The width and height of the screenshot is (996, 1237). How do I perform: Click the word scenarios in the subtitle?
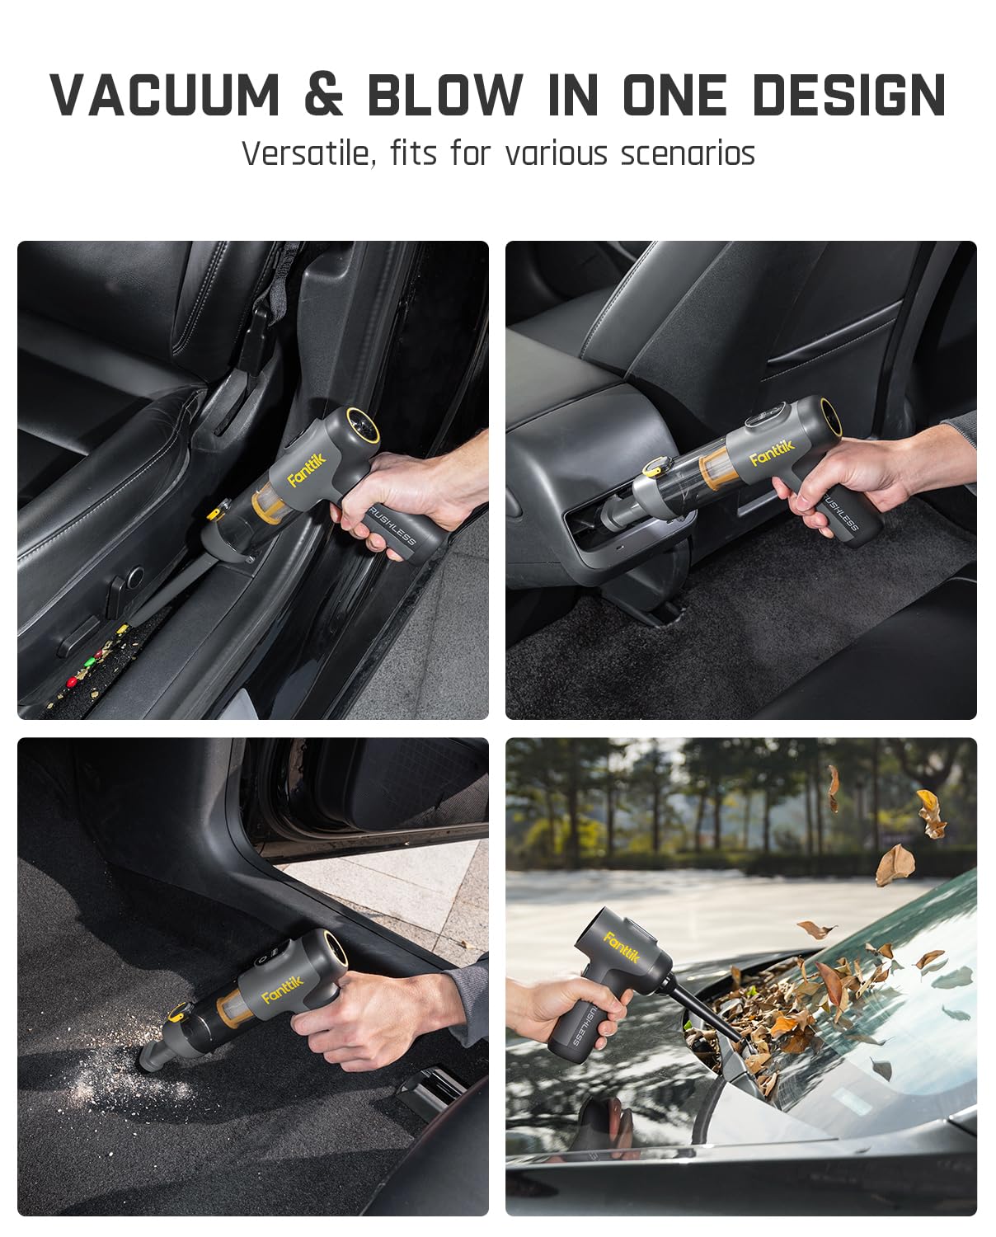click(688, 153)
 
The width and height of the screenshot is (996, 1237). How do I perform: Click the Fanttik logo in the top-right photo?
click(772, 451)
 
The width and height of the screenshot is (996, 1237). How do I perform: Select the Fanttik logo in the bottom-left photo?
click(283, 987)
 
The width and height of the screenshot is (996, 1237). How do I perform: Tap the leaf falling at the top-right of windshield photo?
click(931, 813)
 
